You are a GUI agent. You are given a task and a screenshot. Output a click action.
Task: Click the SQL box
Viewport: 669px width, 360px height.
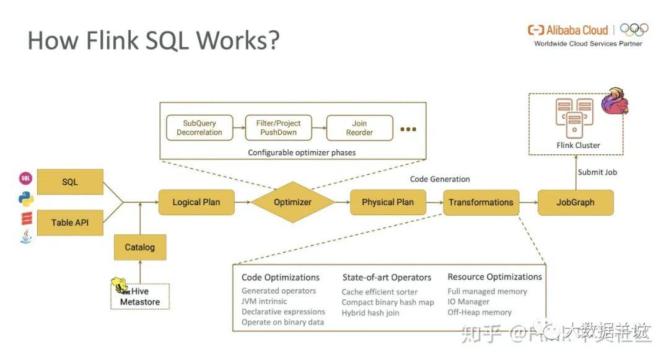coord(70,183)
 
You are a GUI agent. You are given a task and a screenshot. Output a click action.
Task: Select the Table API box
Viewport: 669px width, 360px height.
coord(70,222)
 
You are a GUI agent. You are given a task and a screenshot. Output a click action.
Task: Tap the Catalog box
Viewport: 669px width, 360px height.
coord(139,247)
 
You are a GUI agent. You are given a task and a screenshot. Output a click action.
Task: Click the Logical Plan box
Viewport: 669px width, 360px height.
coord(196,202)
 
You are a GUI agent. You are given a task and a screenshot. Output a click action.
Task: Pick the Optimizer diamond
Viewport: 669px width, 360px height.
coord(292,202)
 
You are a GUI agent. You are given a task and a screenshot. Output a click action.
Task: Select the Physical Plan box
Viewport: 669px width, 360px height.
coord(387,202)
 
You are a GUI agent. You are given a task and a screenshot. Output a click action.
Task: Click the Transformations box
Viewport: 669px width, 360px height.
coord(481,202)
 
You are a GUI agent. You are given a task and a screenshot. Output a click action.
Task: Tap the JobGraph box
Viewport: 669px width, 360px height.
coord(575,202)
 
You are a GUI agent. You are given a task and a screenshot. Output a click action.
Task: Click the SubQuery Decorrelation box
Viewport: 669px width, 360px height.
coord(199,128)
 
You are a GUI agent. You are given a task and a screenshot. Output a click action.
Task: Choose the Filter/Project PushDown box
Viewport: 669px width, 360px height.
coord(279,128)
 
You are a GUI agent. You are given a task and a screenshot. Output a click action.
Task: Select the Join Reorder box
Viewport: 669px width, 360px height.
coord(359,128)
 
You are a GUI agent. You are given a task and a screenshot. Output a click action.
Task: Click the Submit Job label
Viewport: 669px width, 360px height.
coord(597,172)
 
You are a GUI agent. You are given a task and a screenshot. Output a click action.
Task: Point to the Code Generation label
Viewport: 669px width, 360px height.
coord(440,179)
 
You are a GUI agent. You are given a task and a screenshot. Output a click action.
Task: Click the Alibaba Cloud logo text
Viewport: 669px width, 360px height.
coord(568,30)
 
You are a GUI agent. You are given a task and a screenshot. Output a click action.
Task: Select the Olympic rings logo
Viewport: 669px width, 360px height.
coord(634,29)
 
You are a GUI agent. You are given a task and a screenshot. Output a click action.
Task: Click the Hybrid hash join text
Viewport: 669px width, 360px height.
coord(370,313)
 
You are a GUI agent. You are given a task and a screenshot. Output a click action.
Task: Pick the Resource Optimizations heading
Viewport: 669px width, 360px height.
coord(494,277)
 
